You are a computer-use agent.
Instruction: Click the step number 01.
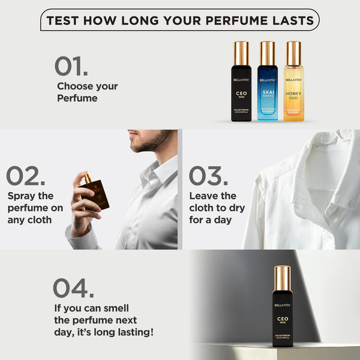[x=71, y=65]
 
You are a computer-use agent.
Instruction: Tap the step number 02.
[x=26, y=176]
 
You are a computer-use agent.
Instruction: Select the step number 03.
[x=208, y=176]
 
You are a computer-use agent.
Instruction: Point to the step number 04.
[x=73, y=287]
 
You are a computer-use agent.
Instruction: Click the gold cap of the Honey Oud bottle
[x=293, y=53]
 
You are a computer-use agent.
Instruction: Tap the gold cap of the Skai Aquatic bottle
[x=268, y=53]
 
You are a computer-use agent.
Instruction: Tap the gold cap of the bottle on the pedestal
[x=282, y=277]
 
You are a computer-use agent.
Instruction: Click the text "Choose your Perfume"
[x=87, y=92]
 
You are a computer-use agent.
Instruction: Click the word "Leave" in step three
[x=205, y=196]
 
